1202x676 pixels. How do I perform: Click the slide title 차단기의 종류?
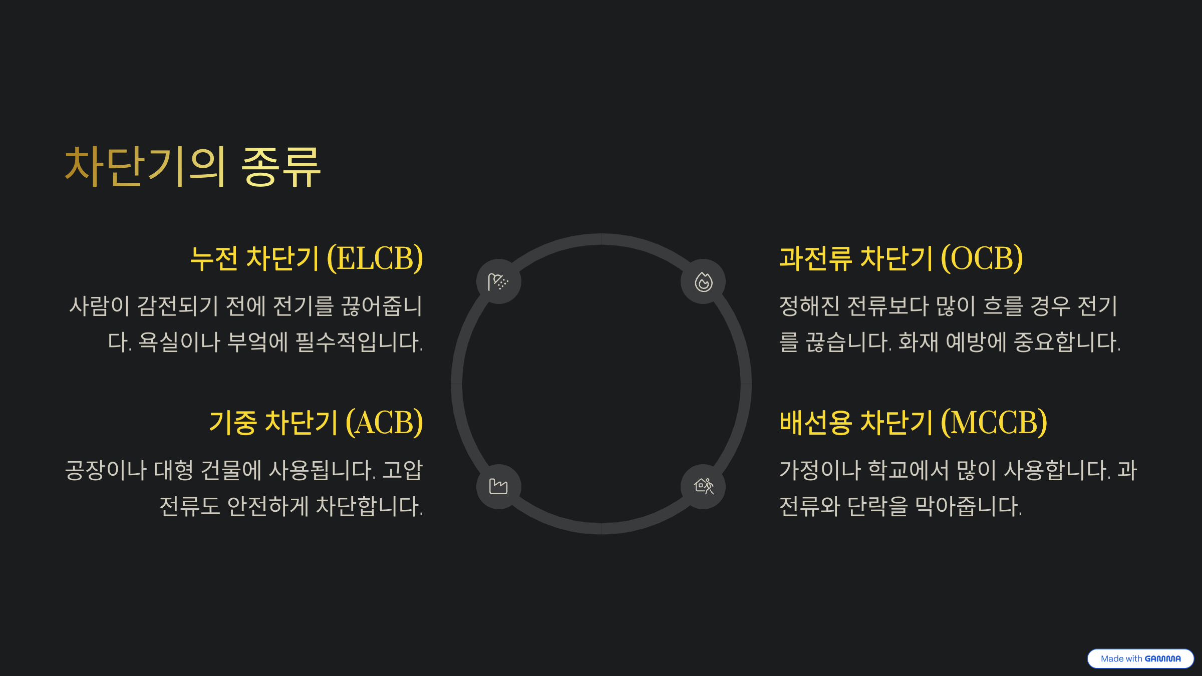click(193, 167)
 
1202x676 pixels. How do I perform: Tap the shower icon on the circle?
click(498, 282)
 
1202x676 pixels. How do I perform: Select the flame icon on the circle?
click(703, 282)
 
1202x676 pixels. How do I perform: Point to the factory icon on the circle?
click(498, 486)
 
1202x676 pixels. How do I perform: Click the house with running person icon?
click(703, 486)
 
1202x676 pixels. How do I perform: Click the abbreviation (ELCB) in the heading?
click(375, 259)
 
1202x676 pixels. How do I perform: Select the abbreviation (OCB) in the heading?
click(982, 259)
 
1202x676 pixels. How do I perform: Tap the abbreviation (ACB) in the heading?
click(385, 423)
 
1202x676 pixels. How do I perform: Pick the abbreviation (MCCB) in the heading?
click(994, 423)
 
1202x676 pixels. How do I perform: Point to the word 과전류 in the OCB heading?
click(815, 259)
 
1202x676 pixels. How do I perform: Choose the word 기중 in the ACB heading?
click(233, 423)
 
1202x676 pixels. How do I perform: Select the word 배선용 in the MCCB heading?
click(815, 423)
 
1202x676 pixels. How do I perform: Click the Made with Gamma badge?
click(1140, 658)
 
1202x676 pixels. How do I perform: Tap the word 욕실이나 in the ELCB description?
click(179, 343)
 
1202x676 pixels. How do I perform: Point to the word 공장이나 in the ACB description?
click(106, 471)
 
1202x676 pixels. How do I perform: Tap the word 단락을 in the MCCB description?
click(877, 506)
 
